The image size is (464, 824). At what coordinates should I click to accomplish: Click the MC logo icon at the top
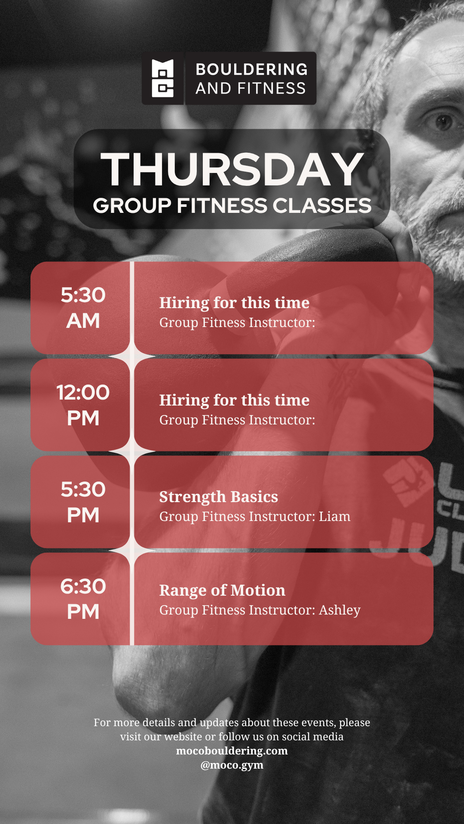pos(163,78)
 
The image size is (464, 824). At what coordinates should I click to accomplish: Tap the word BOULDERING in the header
pos(252,69)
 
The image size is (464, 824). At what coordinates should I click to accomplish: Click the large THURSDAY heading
pos(232,170)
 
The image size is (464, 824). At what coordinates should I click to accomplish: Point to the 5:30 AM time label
pos(83,308)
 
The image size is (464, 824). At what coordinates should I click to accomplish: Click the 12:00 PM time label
pos(83,405)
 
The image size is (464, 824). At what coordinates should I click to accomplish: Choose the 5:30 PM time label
pos(83,502)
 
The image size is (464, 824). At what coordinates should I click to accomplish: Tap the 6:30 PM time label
pos(83,599)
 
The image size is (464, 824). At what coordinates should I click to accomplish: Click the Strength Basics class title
pos(219,497)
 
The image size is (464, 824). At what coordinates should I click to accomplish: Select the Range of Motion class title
pos(222,591)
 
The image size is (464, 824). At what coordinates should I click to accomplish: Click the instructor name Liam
pos(335,516)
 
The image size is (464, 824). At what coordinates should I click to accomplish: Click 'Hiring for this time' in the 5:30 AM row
pos(234,303)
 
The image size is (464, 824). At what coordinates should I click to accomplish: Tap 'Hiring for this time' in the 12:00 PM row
pos(234,400)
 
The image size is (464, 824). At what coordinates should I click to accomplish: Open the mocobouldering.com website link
pos(232,751)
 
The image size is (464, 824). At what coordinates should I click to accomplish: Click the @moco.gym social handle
pos(232,765)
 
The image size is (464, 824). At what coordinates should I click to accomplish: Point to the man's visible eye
pos(443,122)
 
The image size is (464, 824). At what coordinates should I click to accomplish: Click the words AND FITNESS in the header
pos(251,88)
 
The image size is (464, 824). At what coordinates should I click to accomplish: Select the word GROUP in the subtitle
pos(132,206)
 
